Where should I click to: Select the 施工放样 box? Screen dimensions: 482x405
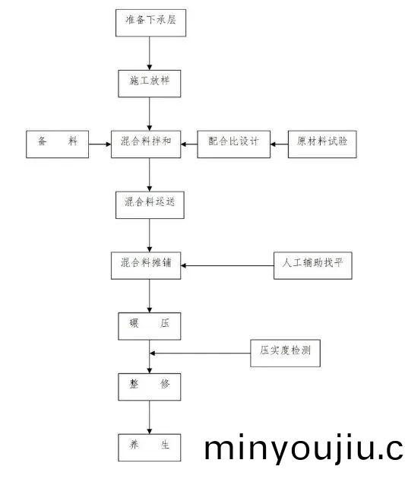click(150, 83)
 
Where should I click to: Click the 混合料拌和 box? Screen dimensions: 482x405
click(150, 143)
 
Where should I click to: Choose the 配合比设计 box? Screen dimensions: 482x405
click(234, 143)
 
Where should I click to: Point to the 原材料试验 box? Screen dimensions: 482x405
click(322, 143)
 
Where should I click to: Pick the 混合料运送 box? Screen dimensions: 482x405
click(150, 203)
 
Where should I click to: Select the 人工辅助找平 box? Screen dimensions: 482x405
click(312, 264)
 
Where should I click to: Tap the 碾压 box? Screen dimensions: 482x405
click(150, 325)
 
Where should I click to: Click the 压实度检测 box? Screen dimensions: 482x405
click(285, 352)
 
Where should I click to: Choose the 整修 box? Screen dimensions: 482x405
click(150, 385)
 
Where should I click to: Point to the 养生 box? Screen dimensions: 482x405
click(150, 446)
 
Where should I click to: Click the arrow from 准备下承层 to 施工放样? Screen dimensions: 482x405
click(150, 53)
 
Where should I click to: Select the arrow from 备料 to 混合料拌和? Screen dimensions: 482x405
click(98, 143)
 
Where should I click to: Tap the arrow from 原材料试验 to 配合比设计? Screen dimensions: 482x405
click(279, 143)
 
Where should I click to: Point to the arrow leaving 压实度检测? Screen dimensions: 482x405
click(201, 353)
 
